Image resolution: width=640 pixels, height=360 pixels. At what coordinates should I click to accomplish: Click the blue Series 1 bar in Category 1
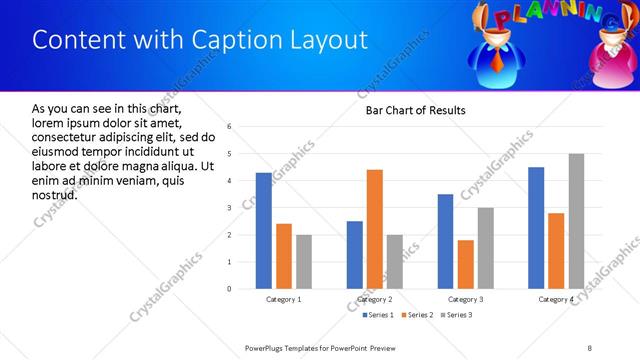(x=263, y=231)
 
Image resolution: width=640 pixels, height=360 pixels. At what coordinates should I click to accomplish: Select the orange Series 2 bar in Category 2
(x=375, y=229)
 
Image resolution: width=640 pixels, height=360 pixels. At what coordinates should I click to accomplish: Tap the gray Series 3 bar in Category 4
(x=576, y=221)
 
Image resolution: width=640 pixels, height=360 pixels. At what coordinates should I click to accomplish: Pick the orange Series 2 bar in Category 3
(x=466, y=264)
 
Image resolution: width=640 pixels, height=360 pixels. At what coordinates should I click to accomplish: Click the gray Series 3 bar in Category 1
(x=304, y=262)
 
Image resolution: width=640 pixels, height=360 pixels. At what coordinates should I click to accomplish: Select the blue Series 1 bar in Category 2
(x=355, y=255)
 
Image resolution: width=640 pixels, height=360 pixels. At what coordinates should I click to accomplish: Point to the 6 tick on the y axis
(x=230, y=127)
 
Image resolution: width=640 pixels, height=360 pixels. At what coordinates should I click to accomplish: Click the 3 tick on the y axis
(x=230, y=208)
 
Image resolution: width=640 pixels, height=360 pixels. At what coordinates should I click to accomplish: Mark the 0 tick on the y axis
(x=230, y=289)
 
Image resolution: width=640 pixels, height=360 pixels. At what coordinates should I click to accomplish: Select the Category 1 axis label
(x=284, y=299)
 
